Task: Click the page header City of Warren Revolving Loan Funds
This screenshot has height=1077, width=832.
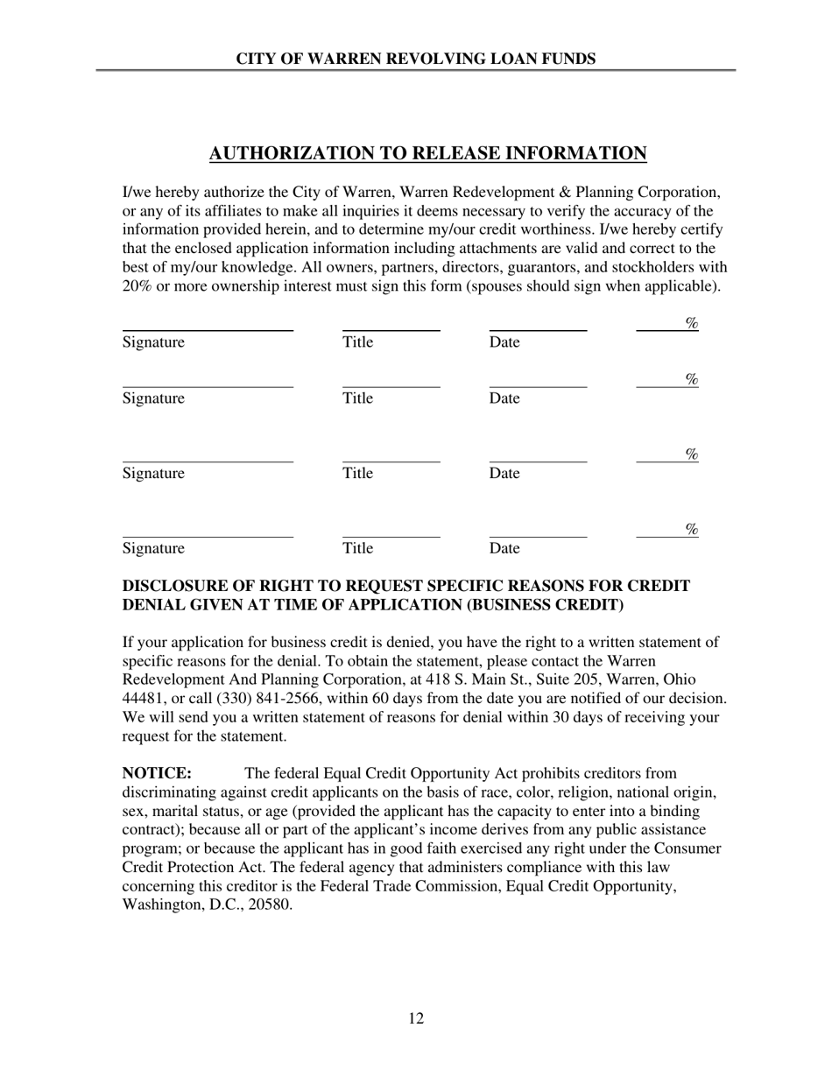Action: click(x=416, y=59)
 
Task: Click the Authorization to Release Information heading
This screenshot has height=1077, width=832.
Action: click(x=427, y=154)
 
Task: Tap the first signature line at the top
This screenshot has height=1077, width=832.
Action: click(x=208, y=329)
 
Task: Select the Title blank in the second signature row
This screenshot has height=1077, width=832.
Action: click(x=391, y=385)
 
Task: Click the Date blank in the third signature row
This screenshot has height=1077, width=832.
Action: click(x=537, y=461)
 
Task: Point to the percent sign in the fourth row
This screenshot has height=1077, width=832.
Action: click(x=691, y=529)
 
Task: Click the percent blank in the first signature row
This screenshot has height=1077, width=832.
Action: click(x=659, y=329)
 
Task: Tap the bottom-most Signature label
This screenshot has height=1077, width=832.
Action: click(x=153, y=549)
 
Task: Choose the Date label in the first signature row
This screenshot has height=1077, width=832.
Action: click(x=504, y=342)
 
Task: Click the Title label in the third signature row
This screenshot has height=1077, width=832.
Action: click(x=357, y=474)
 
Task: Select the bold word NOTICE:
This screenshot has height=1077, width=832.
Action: click(x=157, y=773)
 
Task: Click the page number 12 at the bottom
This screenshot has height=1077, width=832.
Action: click(x=416, y=1018)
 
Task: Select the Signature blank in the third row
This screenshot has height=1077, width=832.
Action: click(x=208, y=461)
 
